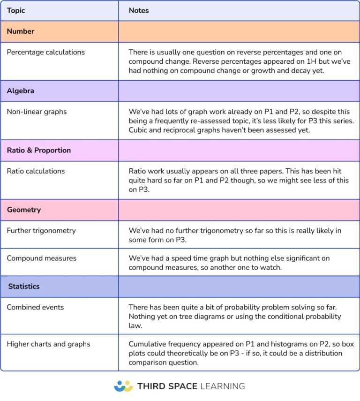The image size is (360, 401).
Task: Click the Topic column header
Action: click(x=16, y=10)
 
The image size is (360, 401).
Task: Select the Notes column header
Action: click(x=139, y=10)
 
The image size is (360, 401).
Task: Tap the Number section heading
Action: click(x=21, y=31)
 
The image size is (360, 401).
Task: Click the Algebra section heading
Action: click(x=20, y=91)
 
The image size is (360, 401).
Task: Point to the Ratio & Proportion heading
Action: click(x=39, y=150)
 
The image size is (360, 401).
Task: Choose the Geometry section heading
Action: click(x=23, y=210)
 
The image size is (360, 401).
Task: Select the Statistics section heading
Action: click(x=24, y=286)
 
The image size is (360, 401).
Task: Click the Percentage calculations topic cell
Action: click(x=45, y=52)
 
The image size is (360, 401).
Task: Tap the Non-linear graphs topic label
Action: click(x=37, y=112)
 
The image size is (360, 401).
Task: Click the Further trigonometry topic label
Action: click(x=41, y=231)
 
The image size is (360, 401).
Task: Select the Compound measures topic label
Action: click(x=41, y=258)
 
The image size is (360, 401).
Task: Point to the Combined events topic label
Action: click(x=35, y=307)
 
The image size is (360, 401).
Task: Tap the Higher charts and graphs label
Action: click(x=48, y=344)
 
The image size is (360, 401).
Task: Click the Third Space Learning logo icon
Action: click(x=123, y=386)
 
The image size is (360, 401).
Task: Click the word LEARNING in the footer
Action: click(x=222, y=386)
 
